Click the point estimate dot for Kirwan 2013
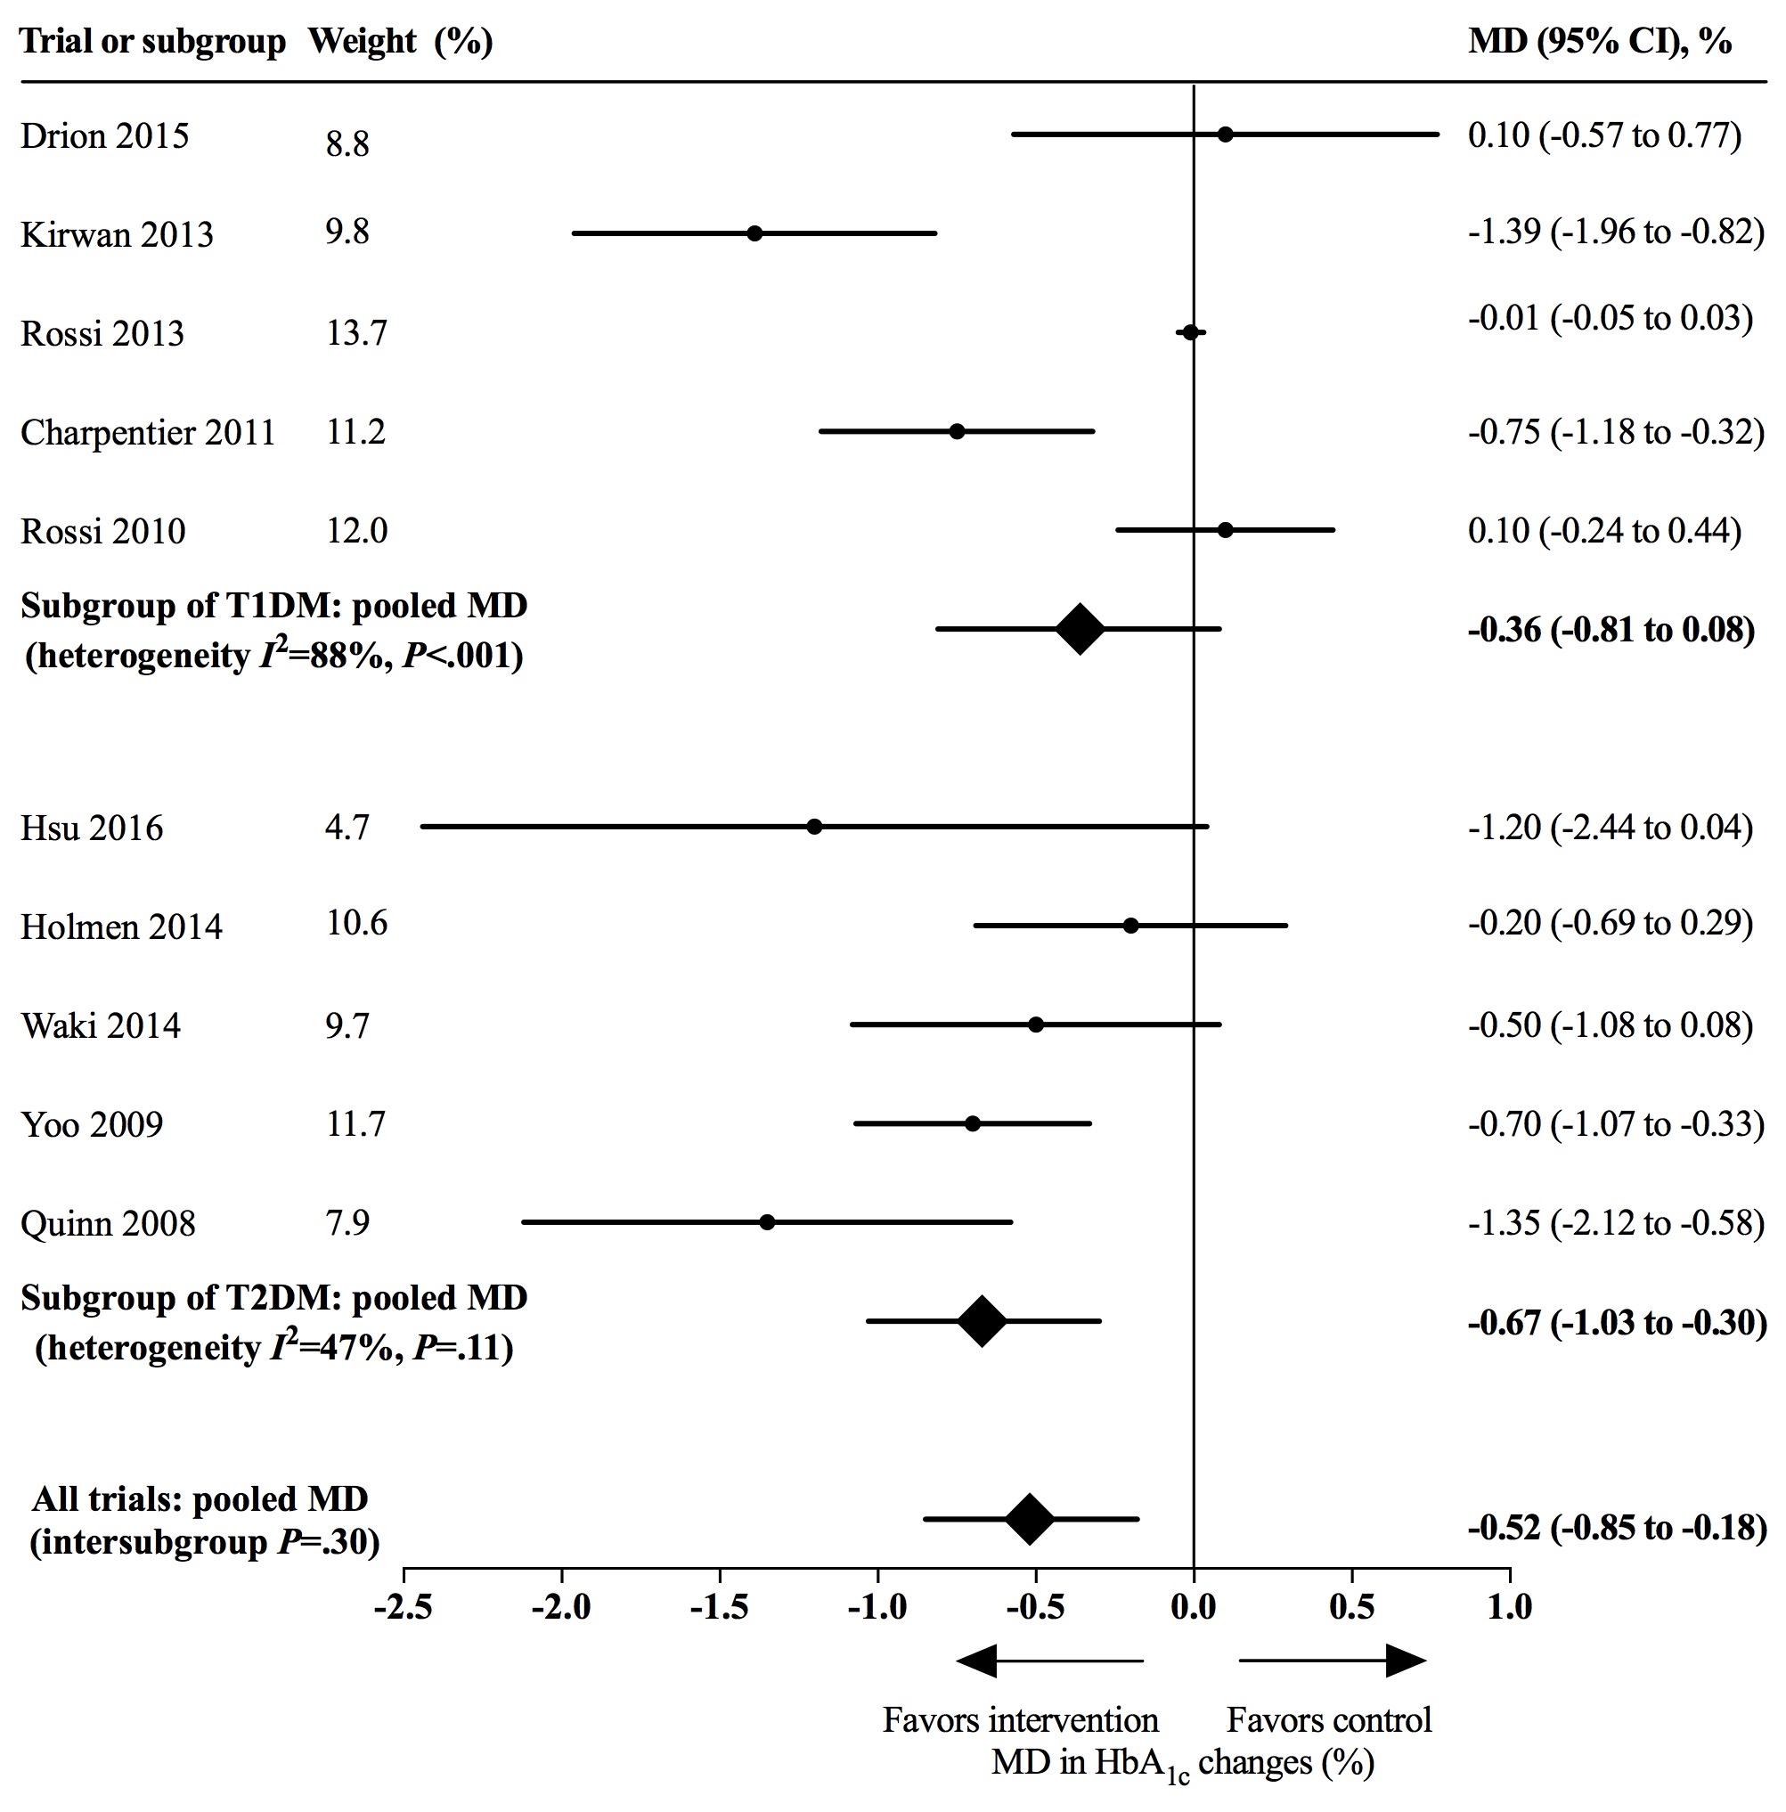(754, 233)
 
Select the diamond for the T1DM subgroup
(1080, 628)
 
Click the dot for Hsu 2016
(814, 827)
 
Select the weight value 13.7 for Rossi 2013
(356, 333)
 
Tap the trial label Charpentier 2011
(148, 432)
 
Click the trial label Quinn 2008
(108, 1223)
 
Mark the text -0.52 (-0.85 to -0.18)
(1617, 1528)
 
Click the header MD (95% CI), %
(1599, 41)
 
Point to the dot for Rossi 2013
(1190, 332)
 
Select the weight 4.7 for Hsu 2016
(347, 828)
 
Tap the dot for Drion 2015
(1225, 135)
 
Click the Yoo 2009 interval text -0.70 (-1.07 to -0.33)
(1615, 1123)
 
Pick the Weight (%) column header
(401, 41)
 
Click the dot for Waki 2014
(1036, 1024)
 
